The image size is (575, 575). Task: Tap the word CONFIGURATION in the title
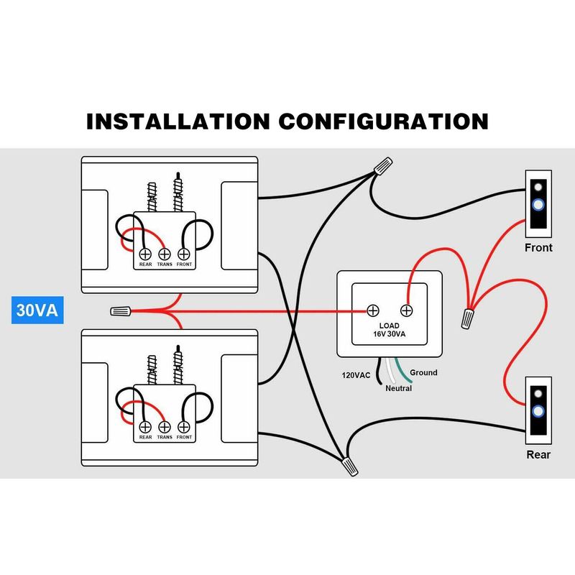click(384, 120)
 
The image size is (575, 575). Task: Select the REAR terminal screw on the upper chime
click(144, 254)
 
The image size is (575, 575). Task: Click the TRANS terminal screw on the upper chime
click(164, 254)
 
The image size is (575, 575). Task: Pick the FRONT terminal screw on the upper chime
click(183, 254)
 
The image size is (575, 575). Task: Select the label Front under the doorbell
click(539, 248)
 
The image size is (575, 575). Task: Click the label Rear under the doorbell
click(538, 455)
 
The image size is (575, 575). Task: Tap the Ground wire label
click(423, 372)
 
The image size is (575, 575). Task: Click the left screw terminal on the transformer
click(373, 310)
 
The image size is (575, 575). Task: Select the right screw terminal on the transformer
click(406, 310)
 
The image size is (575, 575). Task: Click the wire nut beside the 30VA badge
click(121, 312)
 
